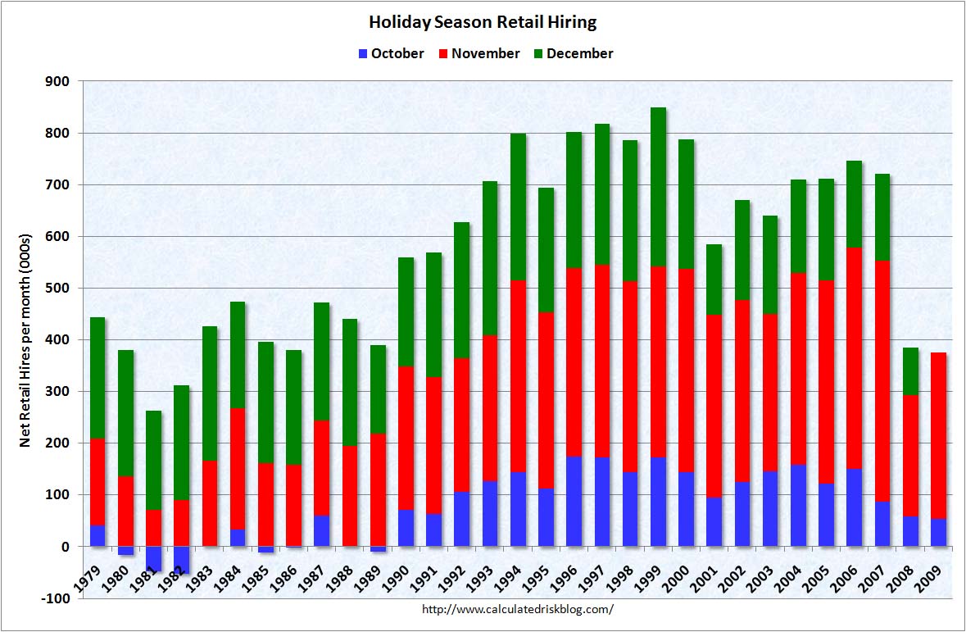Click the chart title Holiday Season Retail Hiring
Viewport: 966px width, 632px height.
tap(483, 21)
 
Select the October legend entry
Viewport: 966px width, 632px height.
tap(391, 53)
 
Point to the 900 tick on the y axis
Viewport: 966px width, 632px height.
tap(59, 81)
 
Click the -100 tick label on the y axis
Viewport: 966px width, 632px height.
tap(57, 598)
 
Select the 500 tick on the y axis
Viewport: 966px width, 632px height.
tap(59, 288)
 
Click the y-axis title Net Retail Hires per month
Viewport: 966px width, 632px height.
tap(25, 340)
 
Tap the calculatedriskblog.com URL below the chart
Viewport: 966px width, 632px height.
tap(517, 609)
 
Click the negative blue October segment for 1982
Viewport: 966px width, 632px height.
tap(182, 559)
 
